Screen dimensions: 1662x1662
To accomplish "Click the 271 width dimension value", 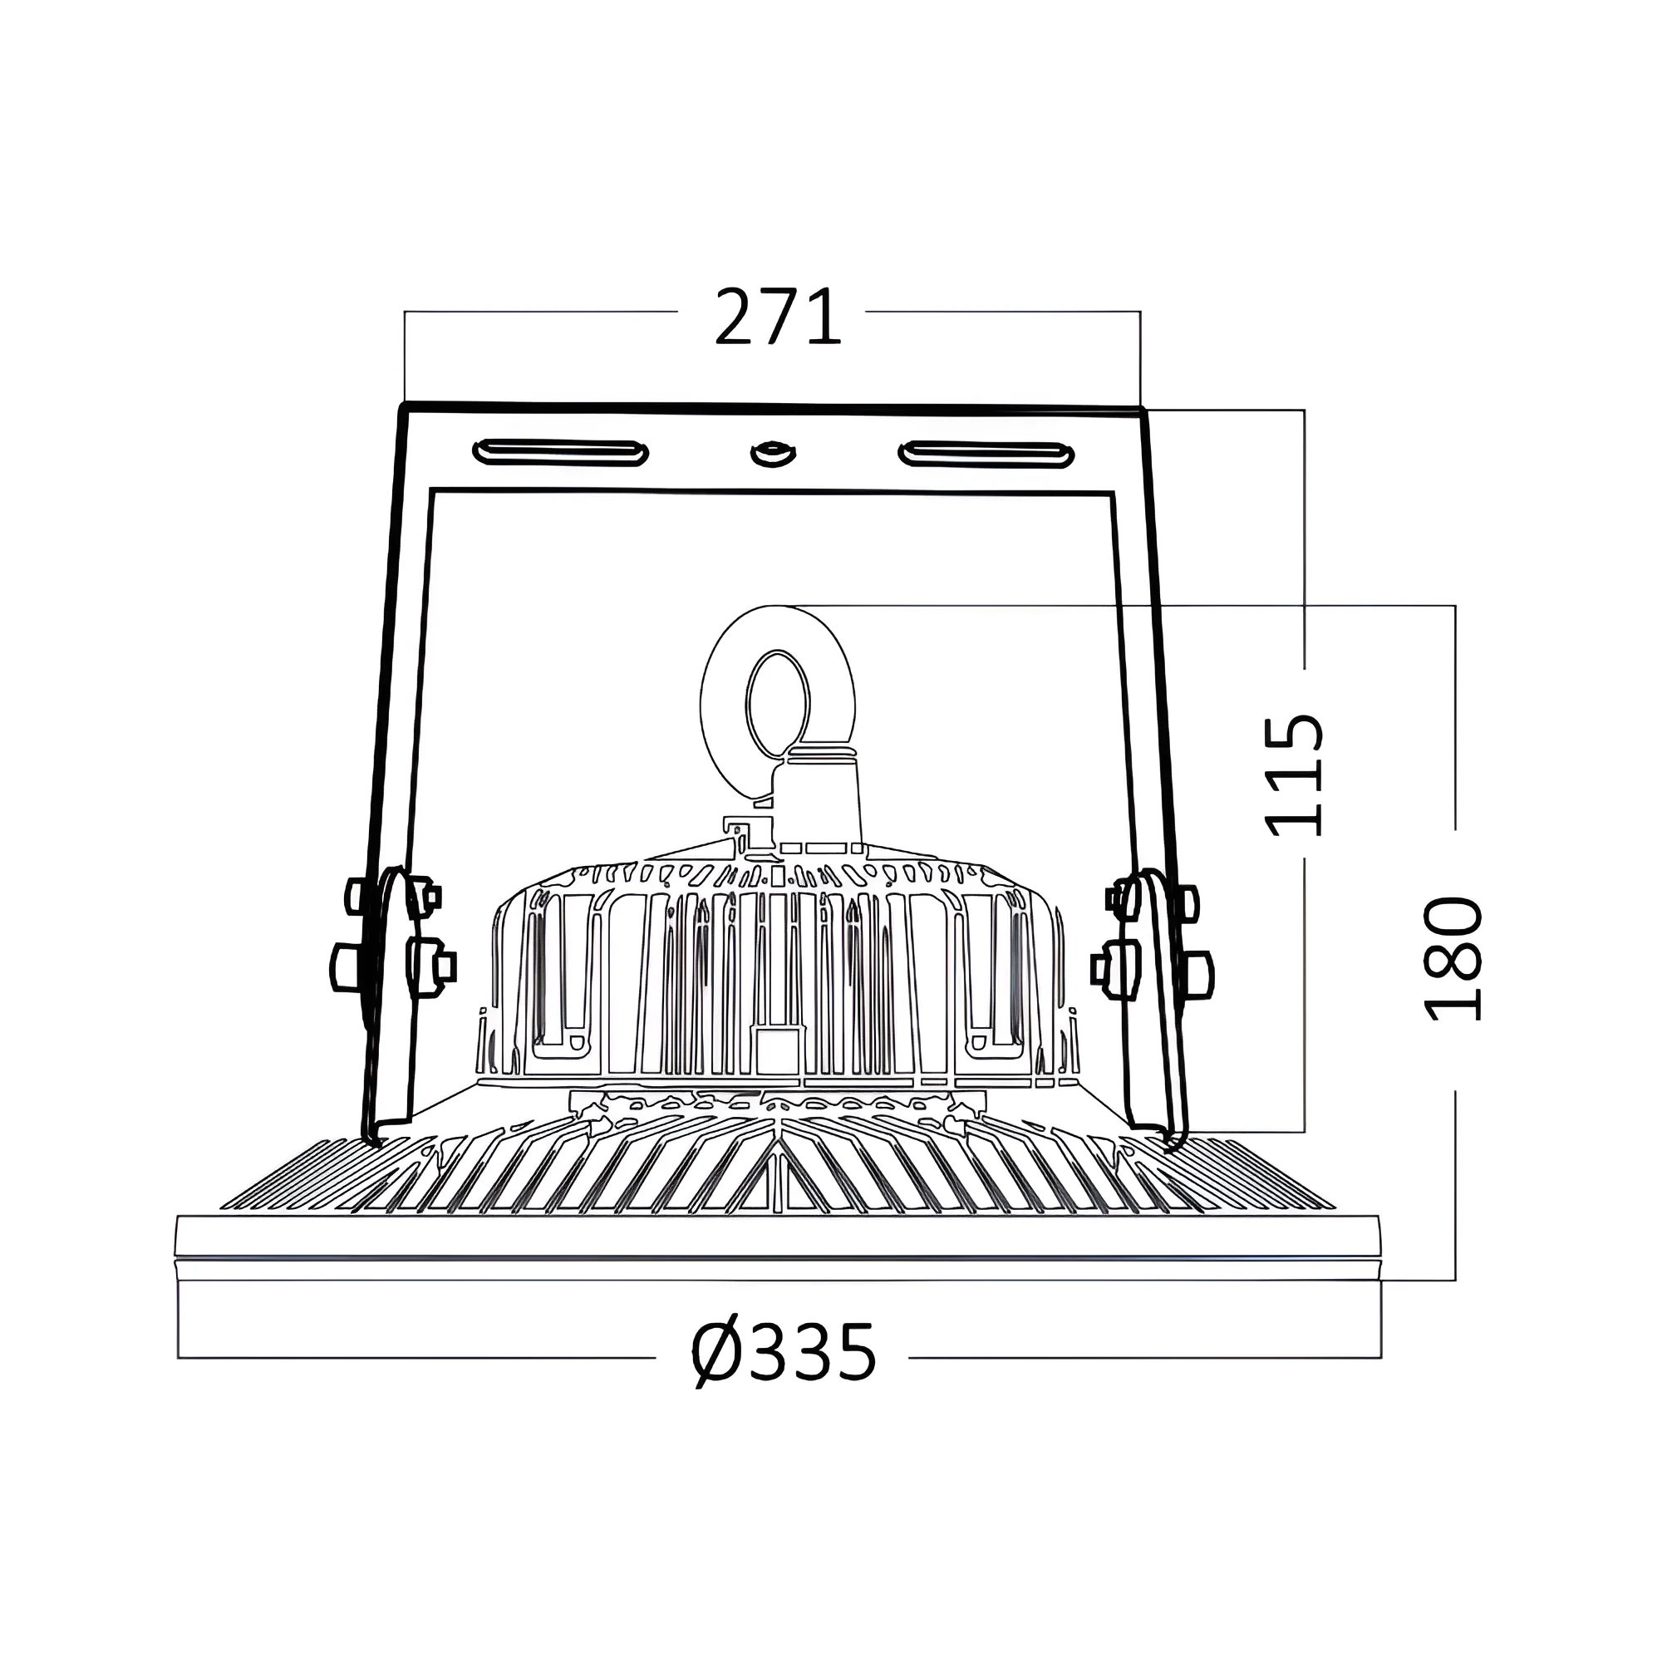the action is (x=778, y=317).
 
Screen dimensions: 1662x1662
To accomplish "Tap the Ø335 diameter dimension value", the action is (x=784, y=1354).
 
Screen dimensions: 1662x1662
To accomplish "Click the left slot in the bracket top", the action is (x=560, y=453).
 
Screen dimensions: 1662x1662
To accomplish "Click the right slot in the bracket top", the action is (x=986, y=455).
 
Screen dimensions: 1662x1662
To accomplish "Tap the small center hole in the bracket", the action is (x=772, y=454).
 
